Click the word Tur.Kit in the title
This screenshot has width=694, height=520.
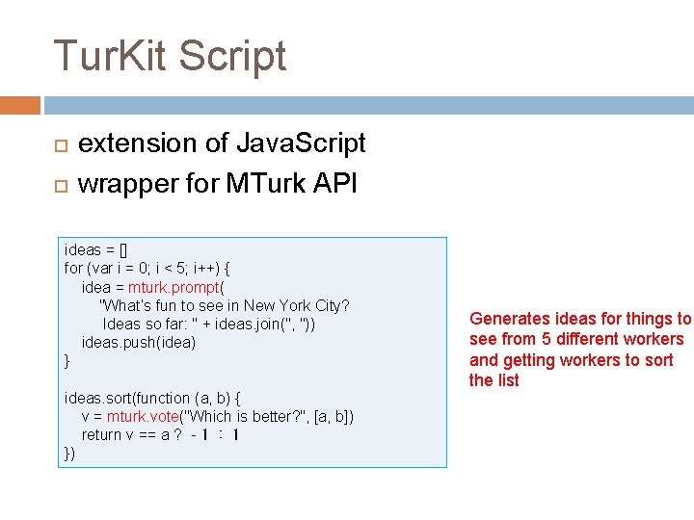click(x=110, y=56)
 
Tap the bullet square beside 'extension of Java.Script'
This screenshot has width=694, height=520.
click(x=59, y=145)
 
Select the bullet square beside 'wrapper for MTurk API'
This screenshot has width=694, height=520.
click(x=59, y=184)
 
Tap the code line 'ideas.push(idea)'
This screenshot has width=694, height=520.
click(x=139, y=343)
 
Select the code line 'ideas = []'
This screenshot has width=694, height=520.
click(x=96, y=250)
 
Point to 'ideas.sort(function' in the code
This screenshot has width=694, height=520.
click(x=126, y=398)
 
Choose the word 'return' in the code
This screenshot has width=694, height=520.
click(x=101, y=435)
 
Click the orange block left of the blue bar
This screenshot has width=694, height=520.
click(x=20, y=105)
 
